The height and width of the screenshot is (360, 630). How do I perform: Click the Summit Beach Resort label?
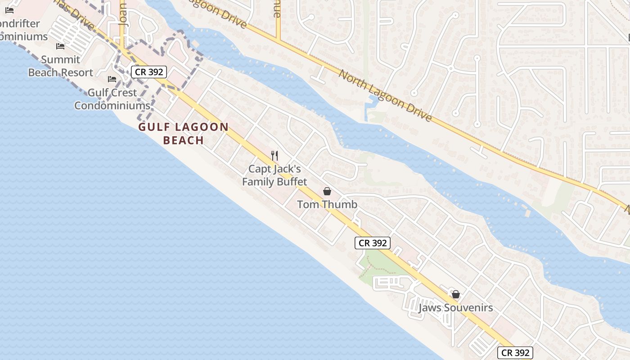pyautogui.click(x=60, y=66)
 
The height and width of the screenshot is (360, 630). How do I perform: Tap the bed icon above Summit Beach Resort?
pyautogui.click(x=60, y=46)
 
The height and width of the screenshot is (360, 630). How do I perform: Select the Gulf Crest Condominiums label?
pyautogui.click(x=112, y=99)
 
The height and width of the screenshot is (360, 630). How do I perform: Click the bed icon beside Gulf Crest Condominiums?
pyautogui.click(x=112, y=79)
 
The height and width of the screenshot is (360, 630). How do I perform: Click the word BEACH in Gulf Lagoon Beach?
pyautogui.click(x=184, y=140)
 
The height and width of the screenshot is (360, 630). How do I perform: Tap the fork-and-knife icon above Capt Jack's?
pyautogui.click(x=274, y=156)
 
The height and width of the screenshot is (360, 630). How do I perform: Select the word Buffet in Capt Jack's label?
pyautogui.click(x=292, y=182)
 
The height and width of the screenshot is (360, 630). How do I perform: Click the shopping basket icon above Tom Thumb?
pyautogui.click(x=327, y=191)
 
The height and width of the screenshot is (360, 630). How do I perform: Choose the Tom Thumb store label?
pyautogui.click(x=327, y=204)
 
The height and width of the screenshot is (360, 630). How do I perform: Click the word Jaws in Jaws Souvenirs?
pyautogui.click(x=430, y=308)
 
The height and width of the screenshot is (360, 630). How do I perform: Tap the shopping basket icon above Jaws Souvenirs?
pyautogui.click(x=456, y=294)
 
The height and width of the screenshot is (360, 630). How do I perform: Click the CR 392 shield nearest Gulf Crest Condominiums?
pyautogui.click(x=149, y=72)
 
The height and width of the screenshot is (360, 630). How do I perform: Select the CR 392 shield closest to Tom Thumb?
pyautogui.click(x=373, y=243)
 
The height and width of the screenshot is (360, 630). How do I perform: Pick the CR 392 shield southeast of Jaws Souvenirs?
pyautogui.click(x=516, y=352)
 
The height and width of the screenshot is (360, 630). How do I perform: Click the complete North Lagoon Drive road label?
pyautogui.click(x=385, y=95)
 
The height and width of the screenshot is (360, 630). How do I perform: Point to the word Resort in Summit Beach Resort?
pyautogui.click(x=77, y=72)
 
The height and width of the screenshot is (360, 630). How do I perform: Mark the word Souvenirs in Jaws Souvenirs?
pyautogui.click(x=468, y=308)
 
